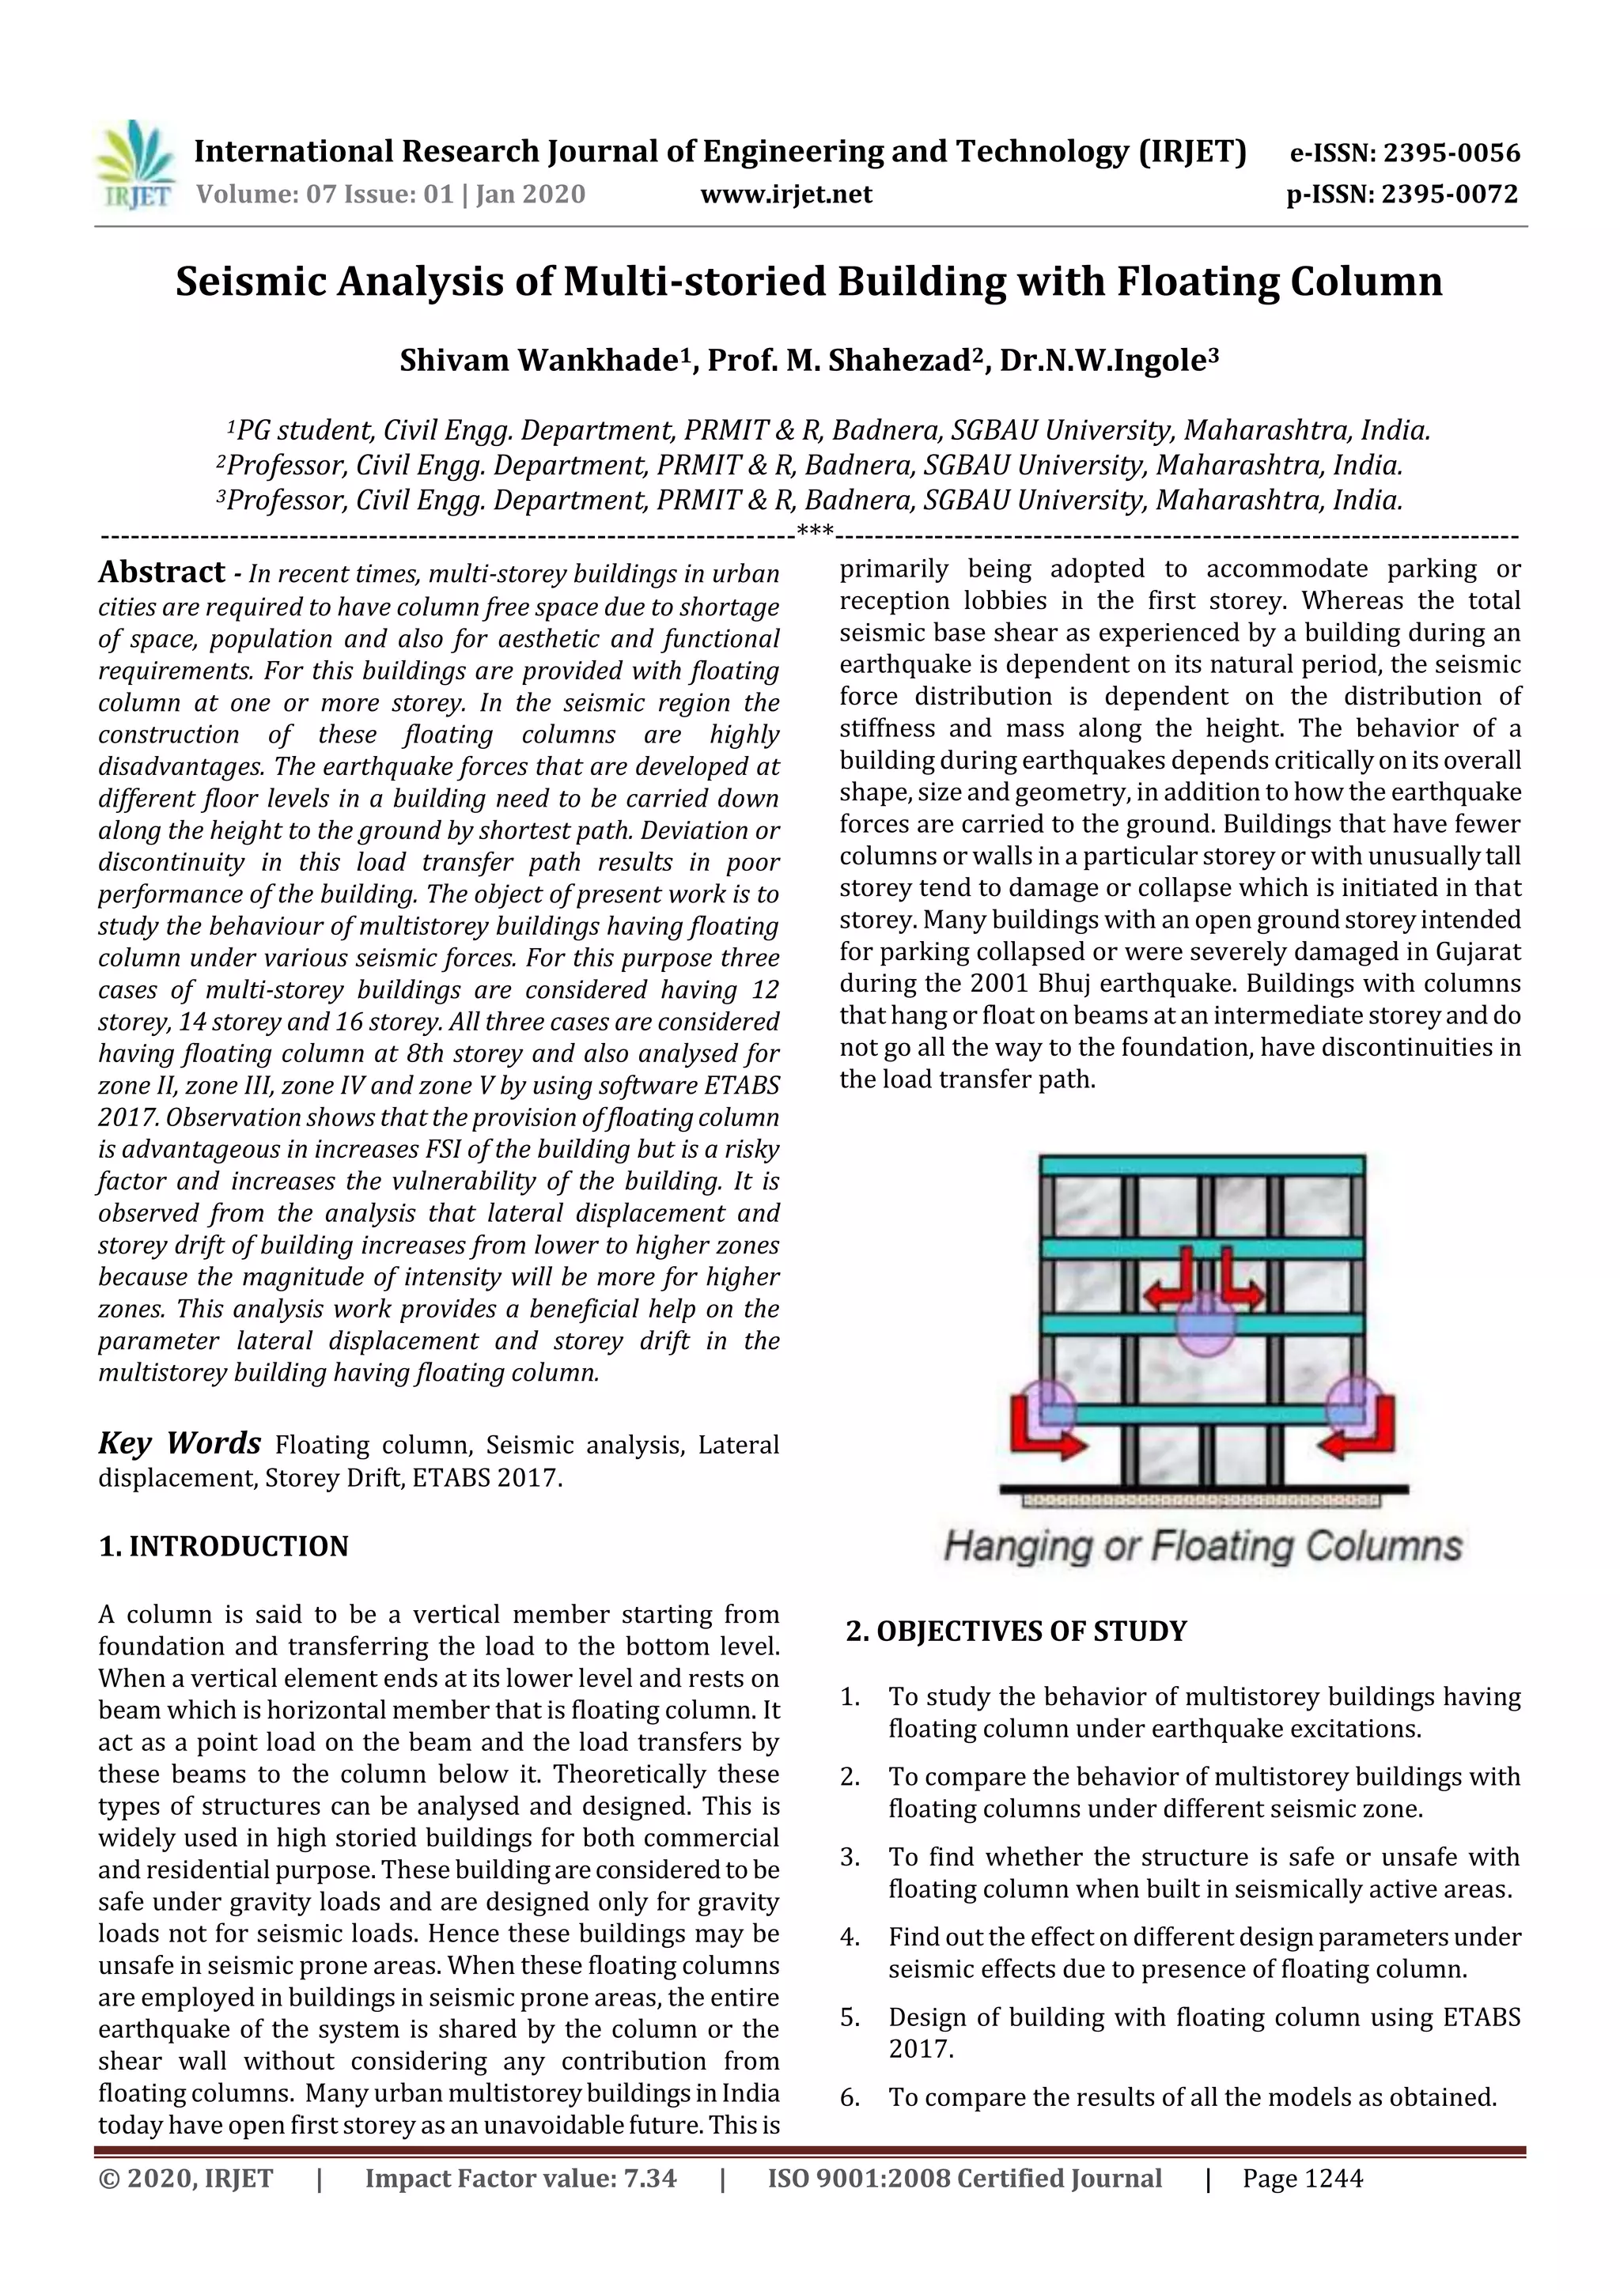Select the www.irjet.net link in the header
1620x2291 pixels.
(785, 195)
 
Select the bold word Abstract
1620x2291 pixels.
(161, 572)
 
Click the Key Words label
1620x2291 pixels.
(180, 1443)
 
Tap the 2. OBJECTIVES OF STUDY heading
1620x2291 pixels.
(1016, 1631)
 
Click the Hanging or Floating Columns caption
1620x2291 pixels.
(1202, 1545)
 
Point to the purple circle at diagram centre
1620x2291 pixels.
(1204, 1323)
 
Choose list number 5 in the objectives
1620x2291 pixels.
(850, 2017)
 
